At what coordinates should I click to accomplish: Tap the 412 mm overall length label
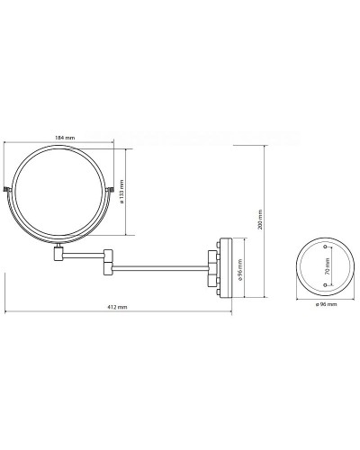coord(116,307)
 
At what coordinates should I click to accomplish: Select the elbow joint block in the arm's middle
coord(106,260)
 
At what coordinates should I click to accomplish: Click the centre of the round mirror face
coord(61,192)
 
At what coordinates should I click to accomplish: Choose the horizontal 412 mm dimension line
coord(117,313)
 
